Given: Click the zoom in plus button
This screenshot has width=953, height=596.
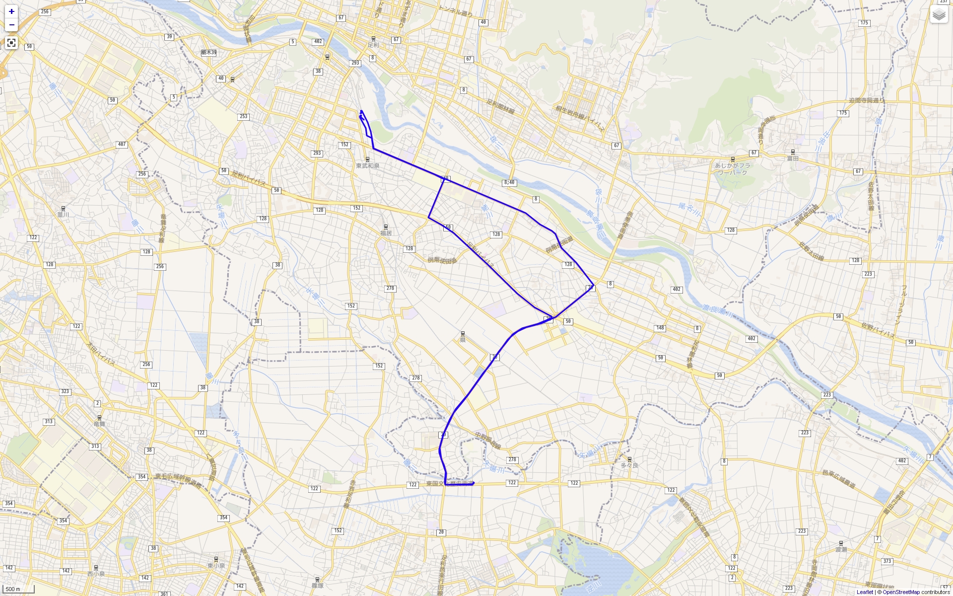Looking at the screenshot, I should pyautogui.click(x=11, y=11).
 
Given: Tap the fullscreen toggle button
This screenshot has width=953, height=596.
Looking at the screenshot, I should pyautogui.click(x=11, y=43).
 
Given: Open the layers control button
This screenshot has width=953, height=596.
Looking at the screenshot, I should pyautogui.click(x=939, y=14).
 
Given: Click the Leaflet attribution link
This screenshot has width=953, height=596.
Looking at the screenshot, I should pyautogui.click(x=865, y=592).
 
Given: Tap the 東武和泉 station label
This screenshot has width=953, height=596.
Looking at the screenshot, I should pyautogui.click(x=367, y=166).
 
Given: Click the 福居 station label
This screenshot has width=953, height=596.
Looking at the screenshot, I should pyautogui.click(x=386, y=233).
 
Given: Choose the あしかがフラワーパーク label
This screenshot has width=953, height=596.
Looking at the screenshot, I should pyautogui.click(x=733, y=169).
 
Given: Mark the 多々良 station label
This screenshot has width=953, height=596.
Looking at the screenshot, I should pyautogui.click(x=629, y=465).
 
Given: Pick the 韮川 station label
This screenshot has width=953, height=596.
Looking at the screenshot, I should pyautogui.click(x=63, y=215).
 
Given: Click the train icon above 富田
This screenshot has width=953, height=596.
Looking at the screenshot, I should pyautogui.click(x=793, y=152).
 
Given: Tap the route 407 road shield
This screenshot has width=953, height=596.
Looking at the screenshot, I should pyautogui.click(x=122, y=145).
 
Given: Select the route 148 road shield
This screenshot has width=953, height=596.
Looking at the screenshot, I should pyautogui.click(x=660, y=328).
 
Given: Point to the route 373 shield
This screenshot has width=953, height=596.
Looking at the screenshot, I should pyautogui.click(x=887, y=561).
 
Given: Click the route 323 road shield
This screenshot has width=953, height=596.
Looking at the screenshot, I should pyautogui.click(x=65, y=391).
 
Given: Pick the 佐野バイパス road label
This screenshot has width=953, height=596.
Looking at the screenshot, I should pyautogui.click(x=878, y=330).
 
